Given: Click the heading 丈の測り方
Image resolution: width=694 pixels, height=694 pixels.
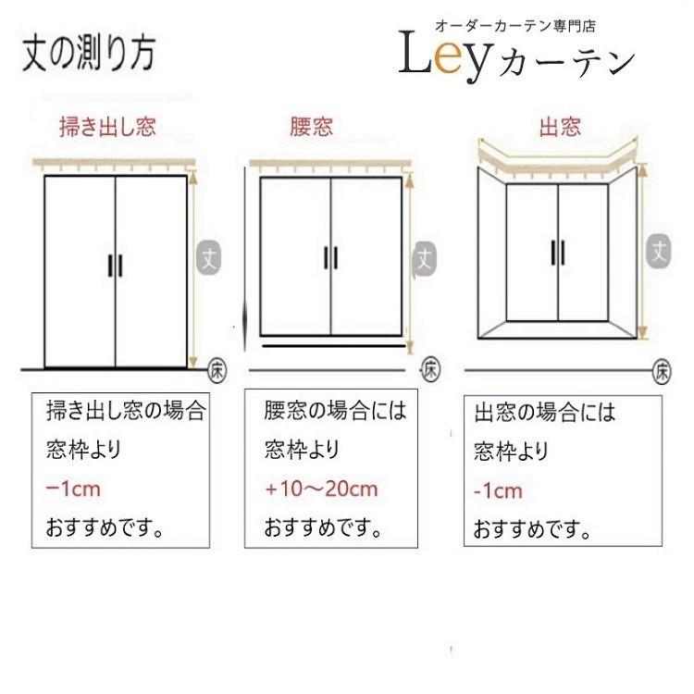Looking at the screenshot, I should click(x=89, y=53).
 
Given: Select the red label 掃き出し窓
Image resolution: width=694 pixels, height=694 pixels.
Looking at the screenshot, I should click(x=107, y=127).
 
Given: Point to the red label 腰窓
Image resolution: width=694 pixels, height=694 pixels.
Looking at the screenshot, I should click(x=311, y=127).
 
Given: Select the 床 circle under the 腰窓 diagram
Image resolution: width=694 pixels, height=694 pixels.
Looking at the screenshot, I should click(x=431, y=368).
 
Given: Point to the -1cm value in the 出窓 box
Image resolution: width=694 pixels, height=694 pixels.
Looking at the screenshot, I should click(x=498, y=491).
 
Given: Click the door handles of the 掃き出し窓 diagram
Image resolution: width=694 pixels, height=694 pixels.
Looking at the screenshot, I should click(x=114, y=264).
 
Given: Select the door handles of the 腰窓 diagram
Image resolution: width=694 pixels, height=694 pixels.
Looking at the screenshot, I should click(x=330, y=258).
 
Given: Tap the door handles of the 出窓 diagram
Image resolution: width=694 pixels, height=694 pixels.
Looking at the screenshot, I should click(x=558, y=252).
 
